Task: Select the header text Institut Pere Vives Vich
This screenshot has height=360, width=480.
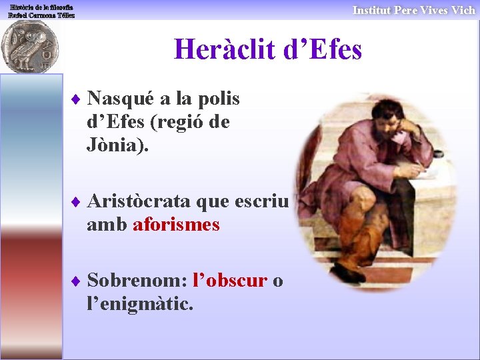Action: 413,10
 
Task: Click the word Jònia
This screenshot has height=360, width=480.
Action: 115,145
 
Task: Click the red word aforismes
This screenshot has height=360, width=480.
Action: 177,225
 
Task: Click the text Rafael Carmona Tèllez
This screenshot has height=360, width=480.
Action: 41,15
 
